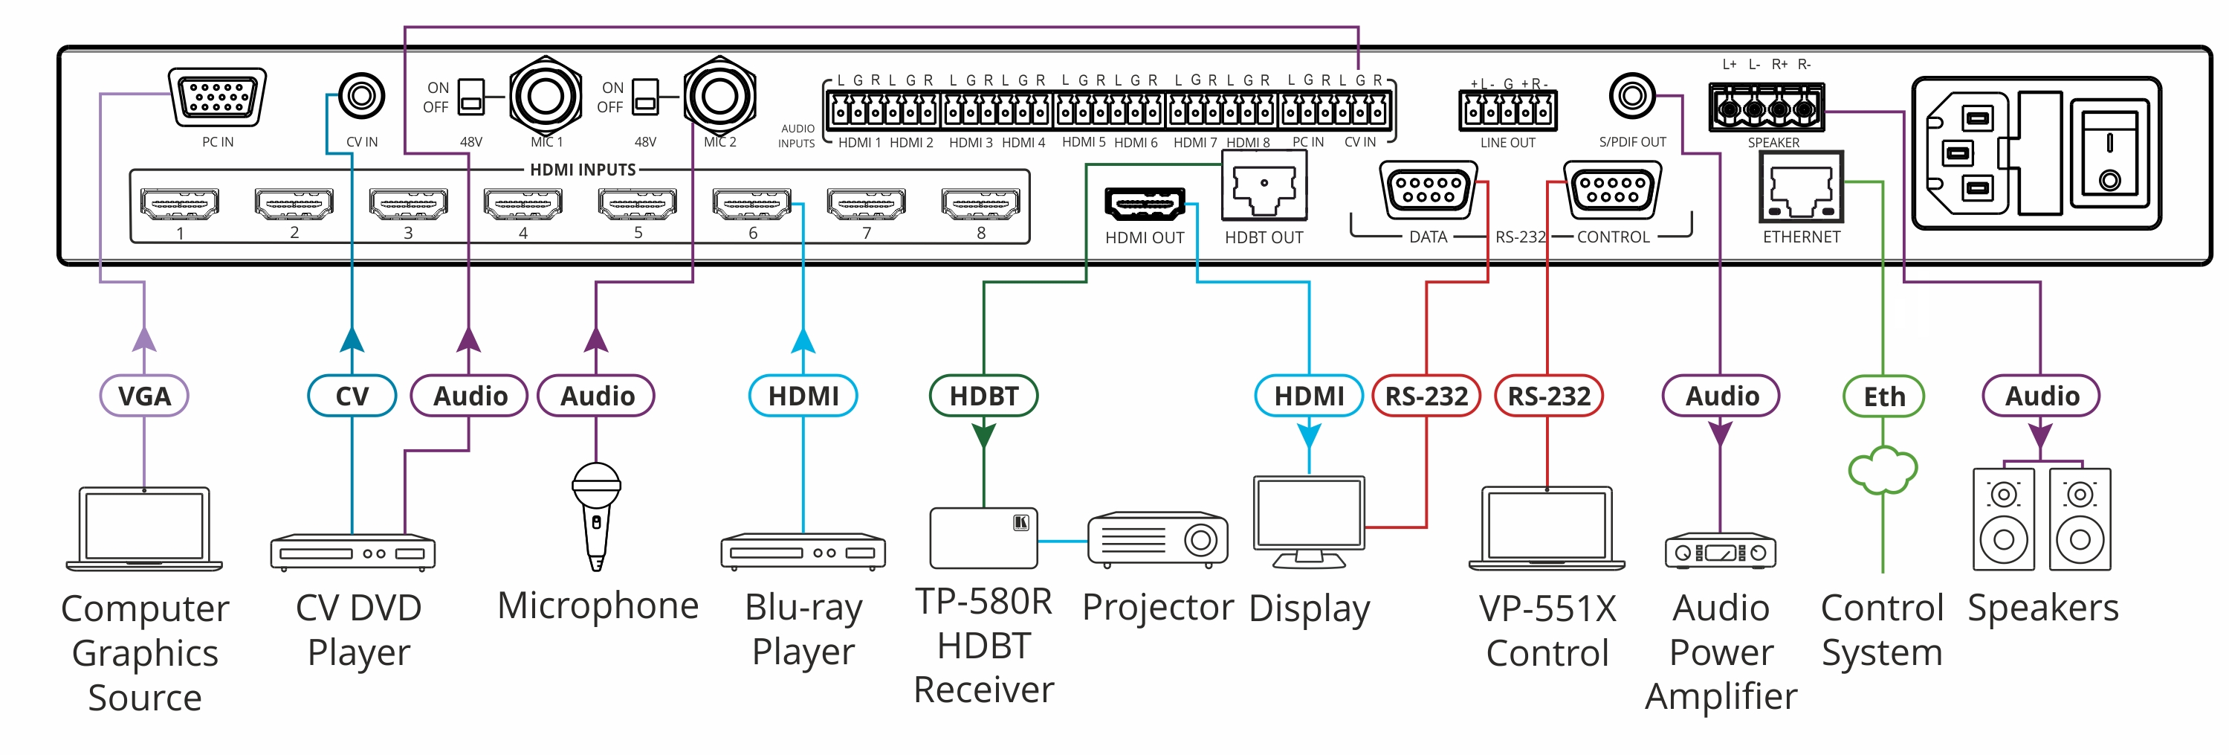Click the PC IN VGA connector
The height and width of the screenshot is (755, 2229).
pos(217,97)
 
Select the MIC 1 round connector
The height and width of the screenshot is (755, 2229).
pos(545,96)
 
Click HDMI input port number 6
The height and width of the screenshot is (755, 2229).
pos(751,204)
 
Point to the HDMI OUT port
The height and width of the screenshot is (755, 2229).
pos(1144,205)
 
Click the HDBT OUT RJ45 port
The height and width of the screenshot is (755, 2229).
pos(1264,189)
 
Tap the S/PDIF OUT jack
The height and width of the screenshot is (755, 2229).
pos(1632,96)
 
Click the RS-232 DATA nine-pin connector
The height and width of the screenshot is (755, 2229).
pos(1429,190)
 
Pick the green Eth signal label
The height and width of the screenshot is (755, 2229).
pos(1883,396)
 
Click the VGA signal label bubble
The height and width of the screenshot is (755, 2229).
pos(144,396)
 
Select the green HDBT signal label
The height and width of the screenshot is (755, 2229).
pos(983,396)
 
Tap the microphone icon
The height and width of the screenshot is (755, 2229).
pos(596,515)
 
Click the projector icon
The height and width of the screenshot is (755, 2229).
pos(1157,539)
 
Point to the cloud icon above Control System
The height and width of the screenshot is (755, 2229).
pos(1883,470)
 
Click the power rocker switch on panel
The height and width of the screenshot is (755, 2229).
pos(2109,154)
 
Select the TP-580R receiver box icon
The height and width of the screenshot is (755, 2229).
pos(984,538)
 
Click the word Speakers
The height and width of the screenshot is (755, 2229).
pos(2042,608)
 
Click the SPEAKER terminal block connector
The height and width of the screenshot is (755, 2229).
pos(1766,109)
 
